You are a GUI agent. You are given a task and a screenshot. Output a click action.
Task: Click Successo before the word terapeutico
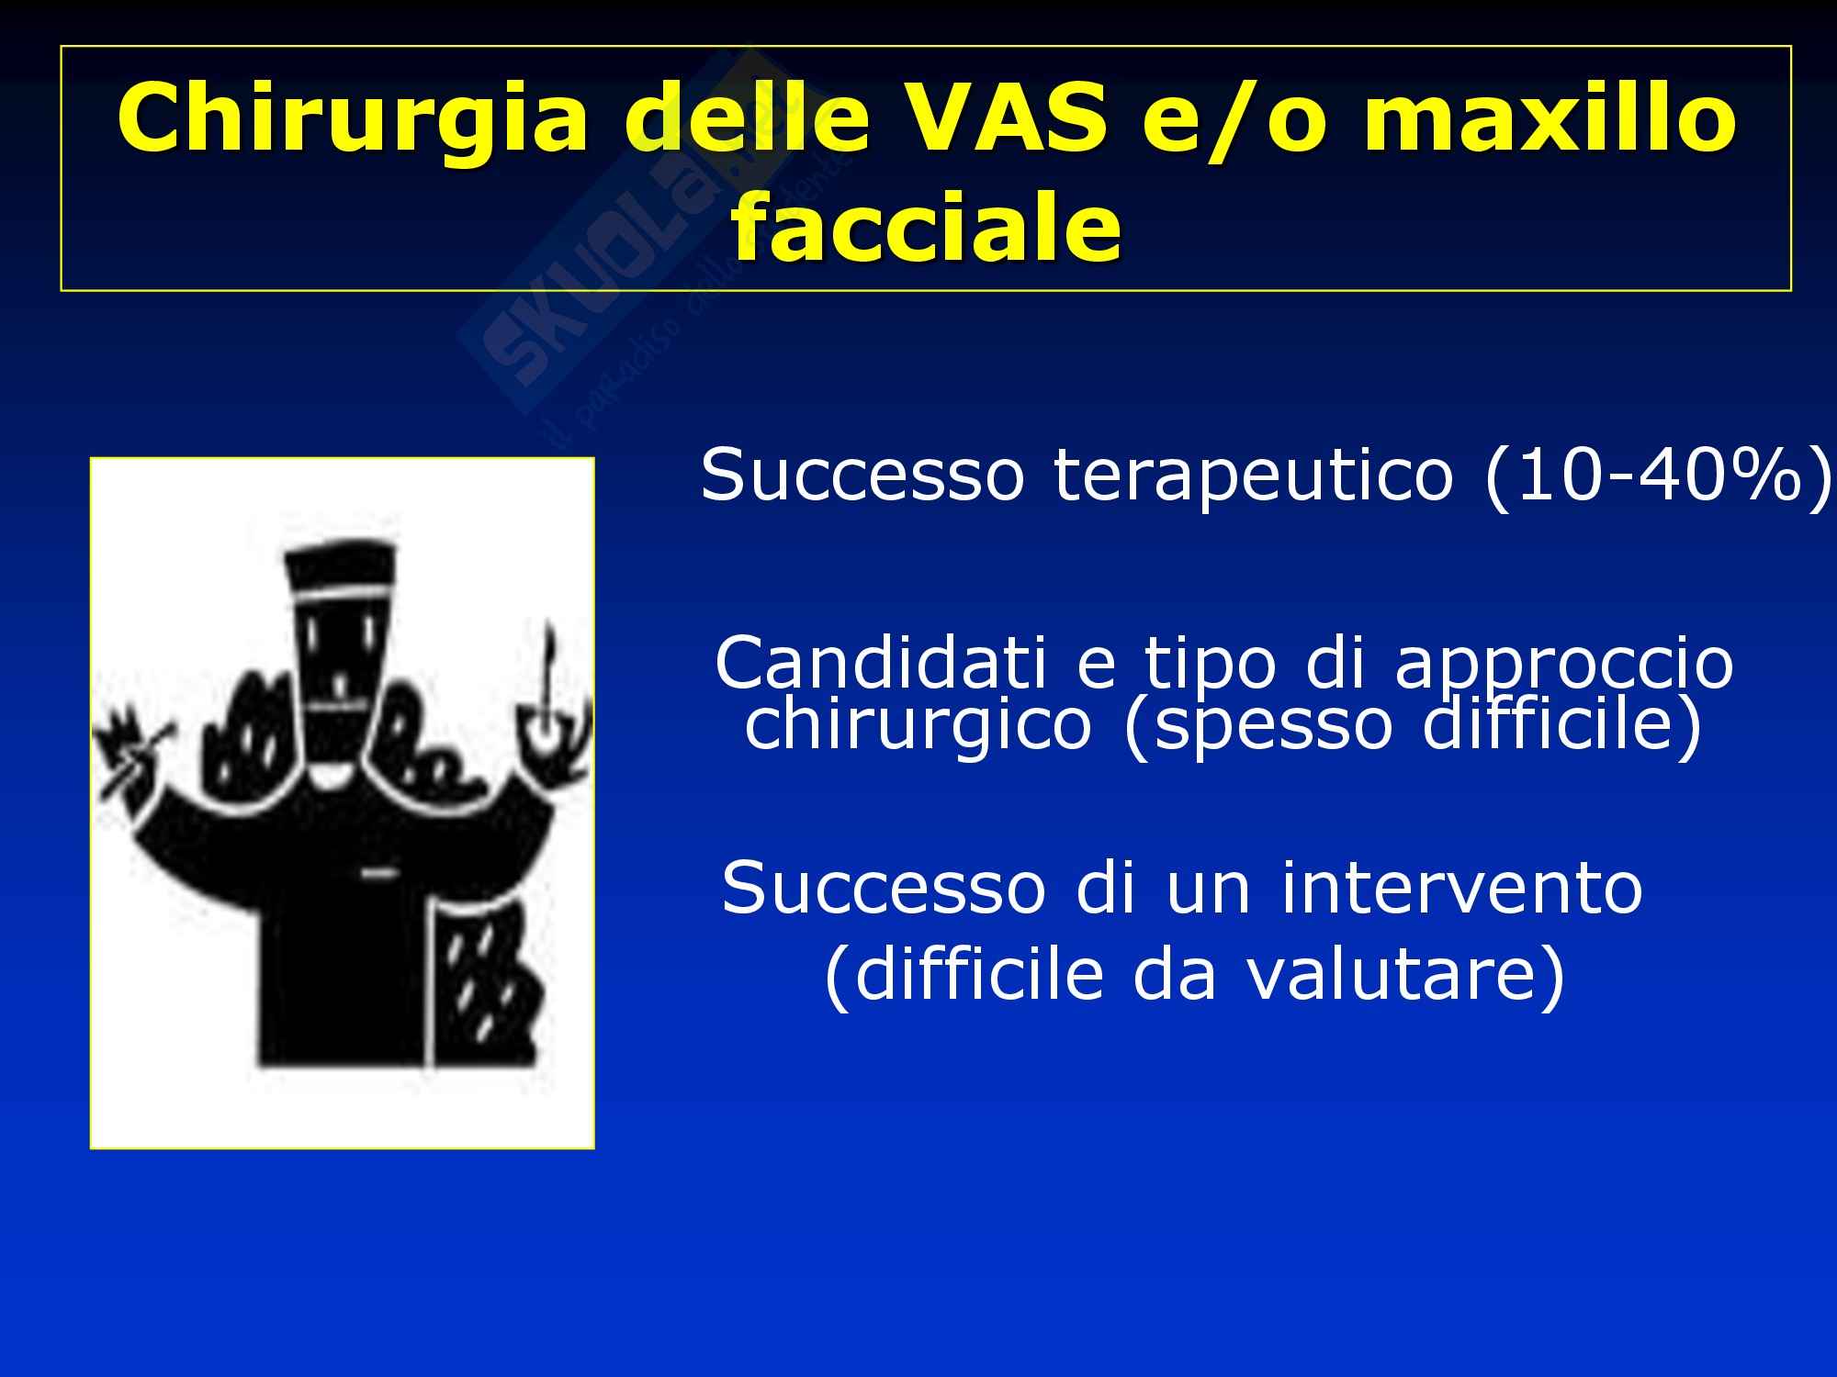pos(862,476)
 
